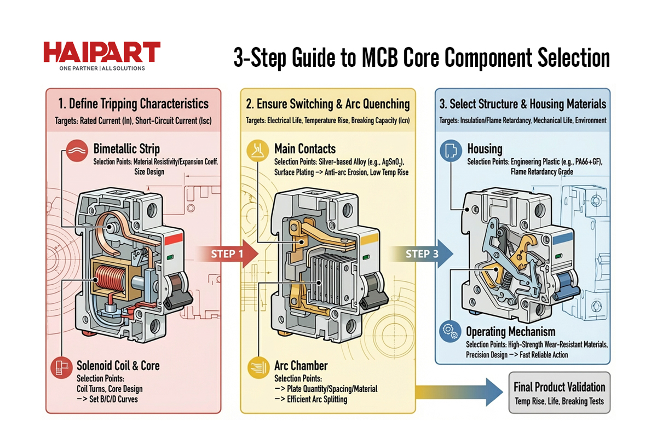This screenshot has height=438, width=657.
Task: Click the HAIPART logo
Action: tap(101, 53)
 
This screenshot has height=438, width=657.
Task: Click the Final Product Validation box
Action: tap(559, 393)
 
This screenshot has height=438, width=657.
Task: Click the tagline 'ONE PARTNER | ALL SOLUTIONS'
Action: tap(102, 68)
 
